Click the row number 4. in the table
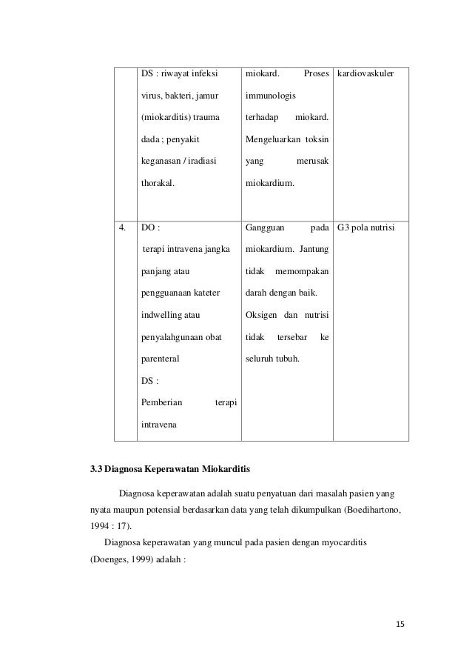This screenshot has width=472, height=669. click(x=125, y=228)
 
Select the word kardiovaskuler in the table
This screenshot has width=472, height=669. click(x=366, y=75)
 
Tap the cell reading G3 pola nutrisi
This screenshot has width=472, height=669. click(x=366, y=228)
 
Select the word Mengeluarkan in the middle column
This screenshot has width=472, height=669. click(x=270, y=139)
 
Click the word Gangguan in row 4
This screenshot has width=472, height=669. click(x=264, y=228)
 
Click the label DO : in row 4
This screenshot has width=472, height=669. click(x=149, y=228)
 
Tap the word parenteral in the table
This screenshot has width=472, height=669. click(x=160, y=359)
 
